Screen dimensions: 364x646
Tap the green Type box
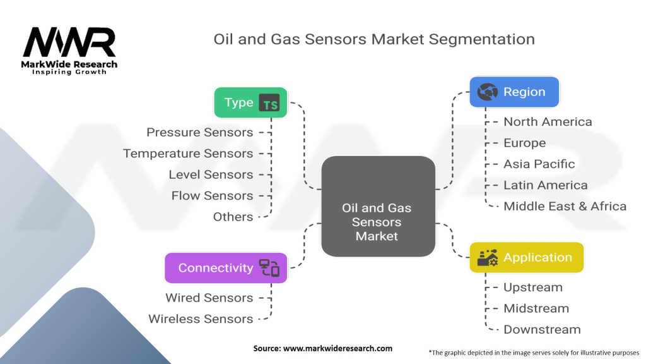[250, 102]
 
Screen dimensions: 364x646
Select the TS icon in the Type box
[270, 103]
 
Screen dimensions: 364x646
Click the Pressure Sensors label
[199, 132]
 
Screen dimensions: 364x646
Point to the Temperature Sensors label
[188, 154]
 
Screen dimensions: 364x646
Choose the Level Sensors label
[211, 174]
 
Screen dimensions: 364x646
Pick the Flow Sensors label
[212, 196]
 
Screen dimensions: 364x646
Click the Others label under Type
[233, 217]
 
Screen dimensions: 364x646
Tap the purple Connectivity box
[226, 267]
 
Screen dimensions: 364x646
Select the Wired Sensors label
[209, 298]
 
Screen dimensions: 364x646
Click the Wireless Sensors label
[201, 319]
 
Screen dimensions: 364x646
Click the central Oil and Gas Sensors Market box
[377, 207]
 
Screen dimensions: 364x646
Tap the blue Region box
[514, 92]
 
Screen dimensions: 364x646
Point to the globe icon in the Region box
[488, 92]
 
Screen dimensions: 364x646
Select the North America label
[548, 122]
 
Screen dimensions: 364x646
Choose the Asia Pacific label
[539, 164]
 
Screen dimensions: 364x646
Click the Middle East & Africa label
[565, 206]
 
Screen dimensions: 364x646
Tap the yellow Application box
[526, 258]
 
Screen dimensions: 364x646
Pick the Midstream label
[536, 308]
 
